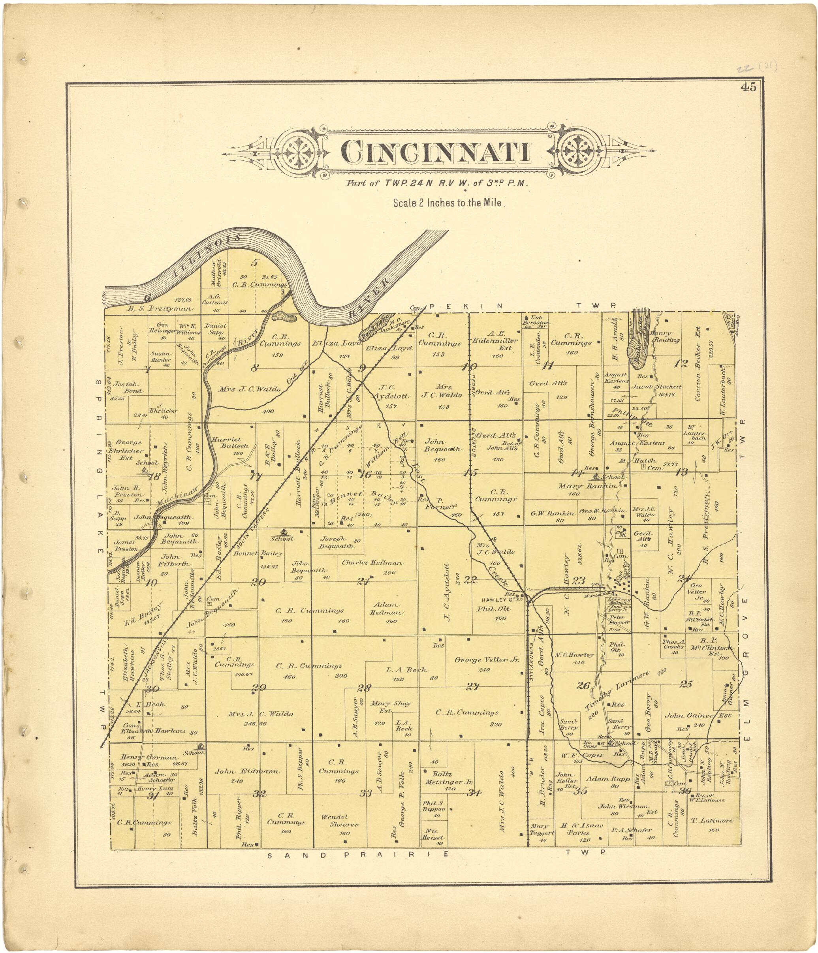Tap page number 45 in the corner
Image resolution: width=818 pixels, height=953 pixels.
click(748, 87)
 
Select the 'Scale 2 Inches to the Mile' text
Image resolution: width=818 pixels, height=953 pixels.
click(449, 203)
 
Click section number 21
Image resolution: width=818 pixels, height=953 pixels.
click(363, 581)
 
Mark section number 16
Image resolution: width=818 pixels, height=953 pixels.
click(365, 474)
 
